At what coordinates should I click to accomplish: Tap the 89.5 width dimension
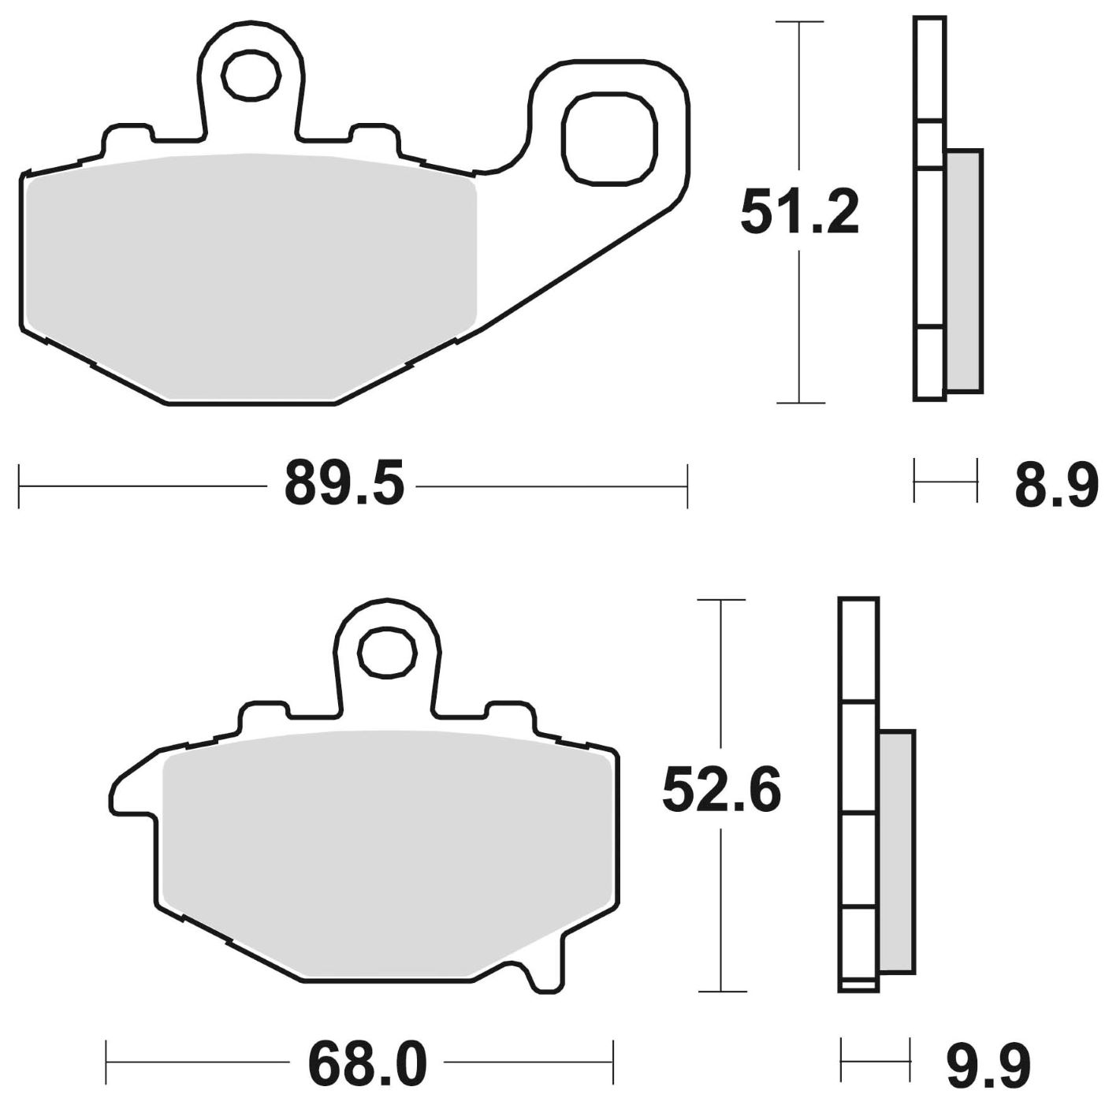point(344,485)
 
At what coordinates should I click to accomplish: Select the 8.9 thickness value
point(1055,486)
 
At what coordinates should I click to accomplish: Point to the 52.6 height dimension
point(721,791)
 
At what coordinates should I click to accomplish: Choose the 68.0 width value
point(367,1065)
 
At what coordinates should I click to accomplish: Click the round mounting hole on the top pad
point(251,76)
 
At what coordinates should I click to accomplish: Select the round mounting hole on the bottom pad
point(387,651)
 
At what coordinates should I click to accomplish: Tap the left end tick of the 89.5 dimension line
point(19,486)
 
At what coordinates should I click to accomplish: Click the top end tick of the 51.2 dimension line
point(800,22)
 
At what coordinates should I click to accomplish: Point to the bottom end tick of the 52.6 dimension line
point(721,991)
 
